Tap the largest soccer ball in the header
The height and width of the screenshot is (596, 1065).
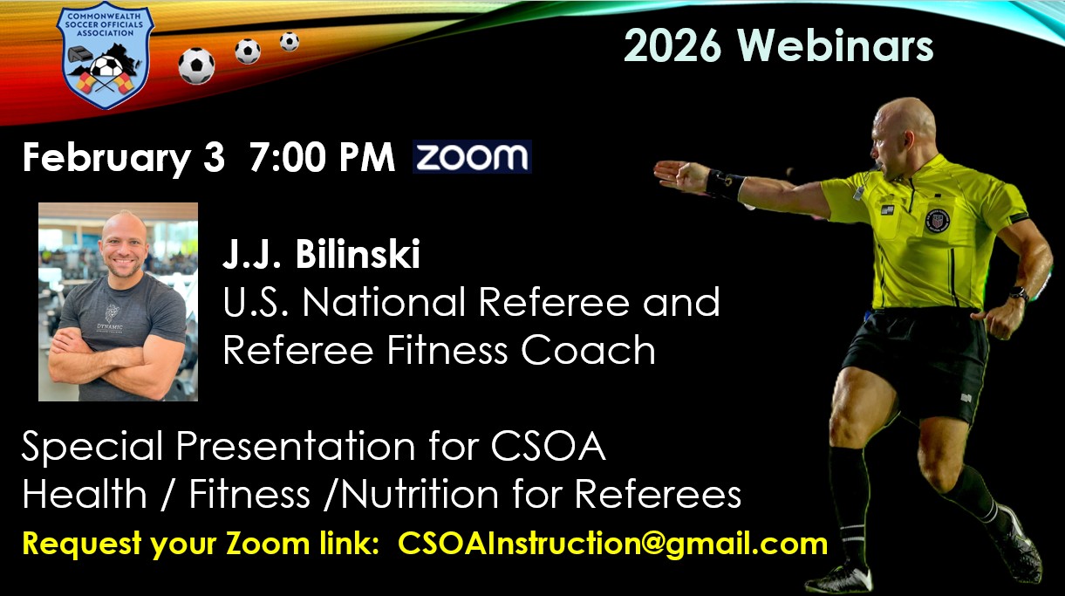pos(196,65)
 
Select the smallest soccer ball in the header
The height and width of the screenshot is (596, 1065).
pos(289,41)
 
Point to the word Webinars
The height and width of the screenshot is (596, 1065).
pos(836,46)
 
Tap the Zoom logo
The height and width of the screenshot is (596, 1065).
pos(472,157)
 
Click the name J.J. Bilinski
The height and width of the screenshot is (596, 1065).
pos(321,255)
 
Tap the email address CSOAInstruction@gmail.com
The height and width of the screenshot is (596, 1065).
pos(612,544)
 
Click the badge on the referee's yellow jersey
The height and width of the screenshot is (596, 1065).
pos(937,219)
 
